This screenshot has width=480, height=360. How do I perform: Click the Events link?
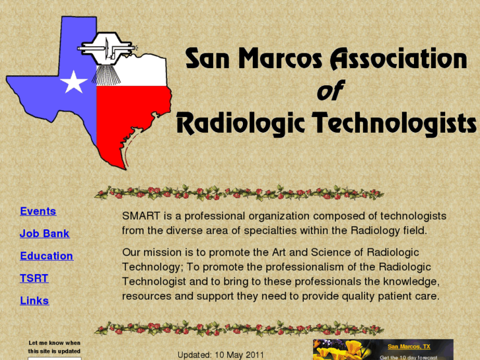tap(38, 211)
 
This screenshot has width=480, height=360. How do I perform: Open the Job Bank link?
tap(44, 234)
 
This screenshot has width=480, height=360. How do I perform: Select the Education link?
tap(46, 256)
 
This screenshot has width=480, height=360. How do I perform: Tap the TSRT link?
tap(34, 279)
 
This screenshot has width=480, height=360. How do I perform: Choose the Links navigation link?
tap(34, 301)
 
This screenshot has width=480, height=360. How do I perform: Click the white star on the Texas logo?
tap(73, 83)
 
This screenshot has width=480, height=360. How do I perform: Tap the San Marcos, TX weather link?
tap(409, 346)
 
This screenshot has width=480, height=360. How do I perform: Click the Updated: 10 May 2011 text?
tap(221, 355)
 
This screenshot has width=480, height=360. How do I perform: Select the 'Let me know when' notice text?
tap(54, 343)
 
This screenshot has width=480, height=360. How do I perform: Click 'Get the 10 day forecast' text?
tap(409, 357)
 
